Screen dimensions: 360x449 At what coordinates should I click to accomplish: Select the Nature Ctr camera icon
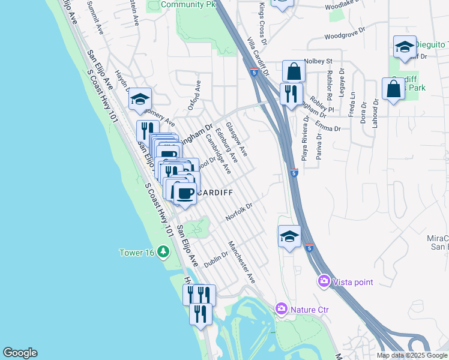tap(281, 309)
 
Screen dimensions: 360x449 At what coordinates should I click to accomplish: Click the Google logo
tap(20, 353)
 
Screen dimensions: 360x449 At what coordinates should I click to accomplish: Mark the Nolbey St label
tap(318, 61)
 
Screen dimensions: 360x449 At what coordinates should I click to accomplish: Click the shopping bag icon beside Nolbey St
tap(294, 71)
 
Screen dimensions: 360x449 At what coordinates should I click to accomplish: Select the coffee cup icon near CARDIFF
tap(185, 193)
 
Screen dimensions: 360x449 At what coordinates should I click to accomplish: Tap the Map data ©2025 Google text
tap(412, 355)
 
